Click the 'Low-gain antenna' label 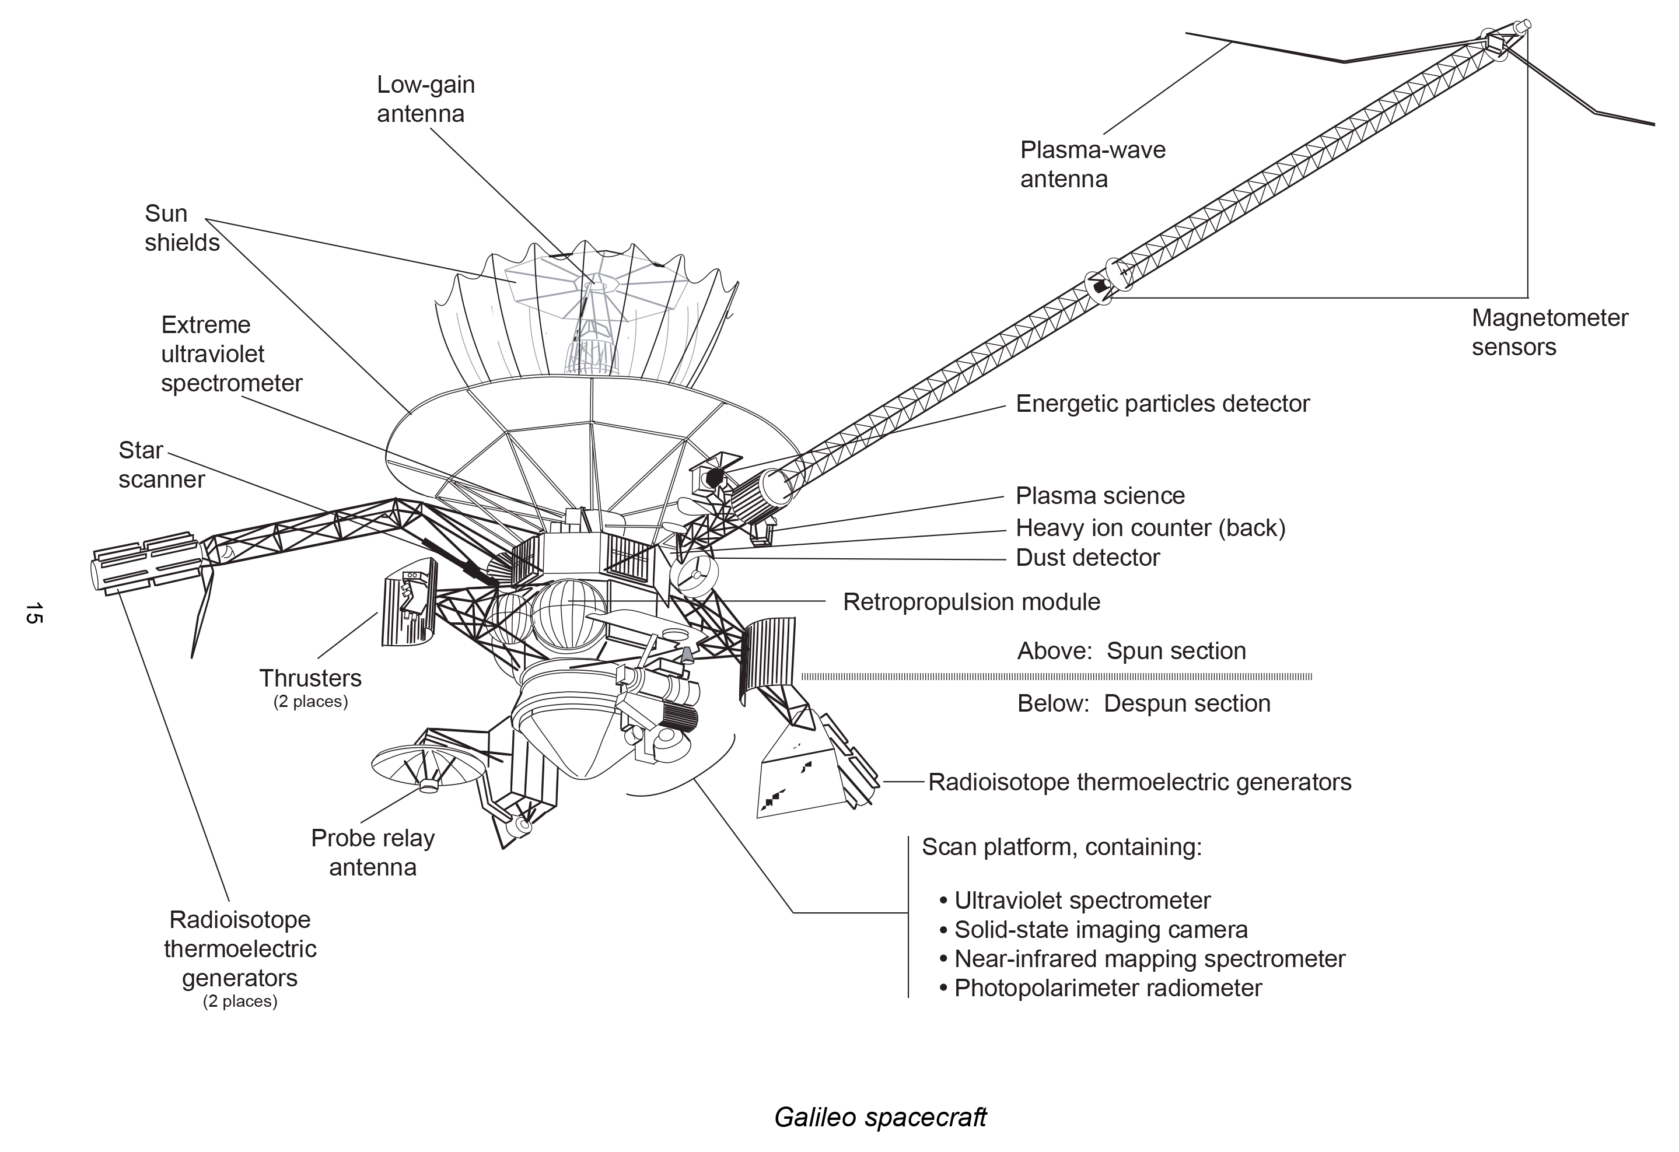coord(425,99)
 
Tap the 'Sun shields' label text coord(181,227)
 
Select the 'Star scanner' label coord(161,464)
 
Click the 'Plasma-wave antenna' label coord(1092,164)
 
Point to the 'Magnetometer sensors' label coord(1549,332)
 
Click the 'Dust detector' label coord(1087,558)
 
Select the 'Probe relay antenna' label coord(373,852)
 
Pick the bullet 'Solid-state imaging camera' coord(1100,930)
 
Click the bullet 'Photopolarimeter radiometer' coord(1107,988)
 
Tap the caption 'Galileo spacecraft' coord(879,1118)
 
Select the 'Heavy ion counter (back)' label coord(1150,528)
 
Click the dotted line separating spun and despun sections coord(1055,677)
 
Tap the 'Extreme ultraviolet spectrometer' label coord(231,354)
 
